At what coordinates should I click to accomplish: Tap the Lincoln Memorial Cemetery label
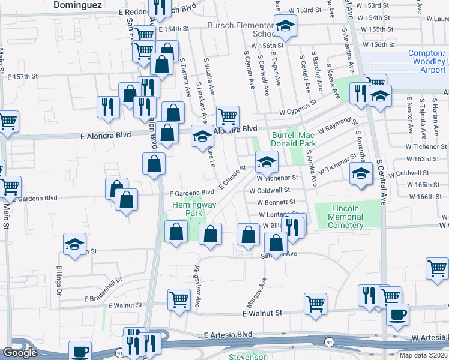tap(347, 217)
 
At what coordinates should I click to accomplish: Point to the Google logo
tap(20, 353)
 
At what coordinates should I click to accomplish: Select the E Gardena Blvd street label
tap(191, 193)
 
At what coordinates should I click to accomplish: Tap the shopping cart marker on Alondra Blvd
tap(228, 116)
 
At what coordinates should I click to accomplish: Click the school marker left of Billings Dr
tap(74, 244)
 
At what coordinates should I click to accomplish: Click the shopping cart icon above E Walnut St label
tap(315, 303)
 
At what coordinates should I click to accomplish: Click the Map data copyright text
tap(423, 355)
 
